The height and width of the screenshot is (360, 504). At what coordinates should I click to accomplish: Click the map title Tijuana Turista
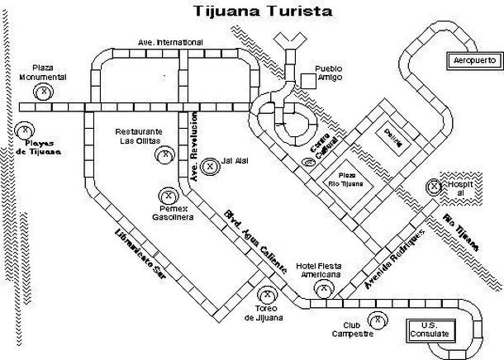point(251,12)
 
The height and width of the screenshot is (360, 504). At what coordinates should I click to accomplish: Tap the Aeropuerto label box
point(472,60)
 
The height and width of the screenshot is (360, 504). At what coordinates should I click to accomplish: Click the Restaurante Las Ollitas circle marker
point(165,153)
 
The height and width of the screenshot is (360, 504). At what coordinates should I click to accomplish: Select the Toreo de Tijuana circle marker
point(267,293)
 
